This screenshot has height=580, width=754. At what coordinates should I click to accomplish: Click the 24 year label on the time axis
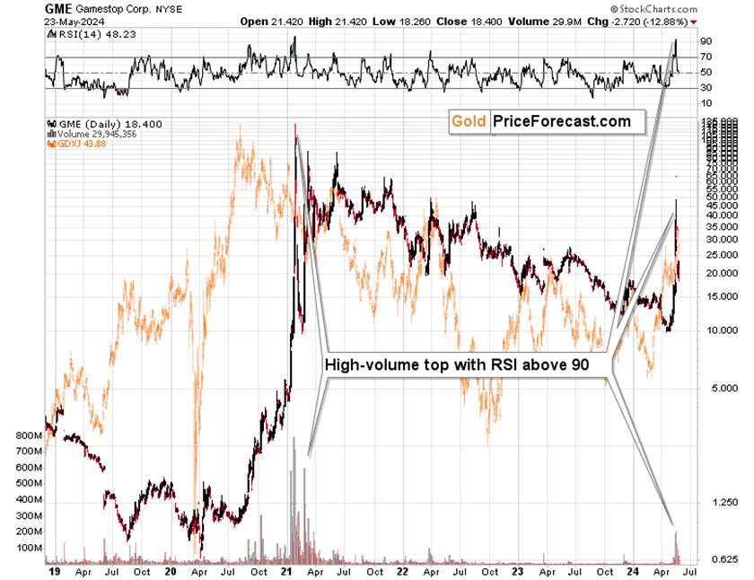(x=632, y=571)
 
